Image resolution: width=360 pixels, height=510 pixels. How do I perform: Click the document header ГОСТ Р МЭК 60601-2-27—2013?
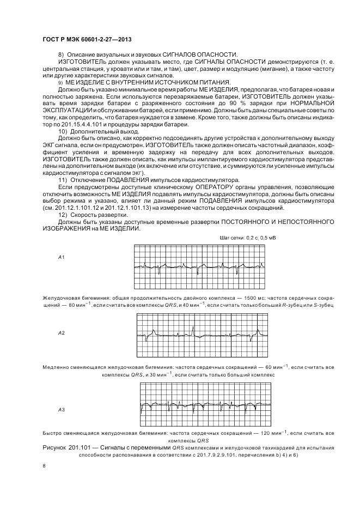(x=87, y=40)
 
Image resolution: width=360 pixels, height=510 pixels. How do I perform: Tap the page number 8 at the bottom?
(x=44, y=466)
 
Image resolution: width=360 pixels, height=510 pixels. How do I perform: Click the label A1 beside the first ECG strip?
(x=62, y=256)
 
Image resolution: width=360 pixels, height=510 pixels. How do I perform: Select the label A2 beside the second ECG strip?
(x=62, y=332)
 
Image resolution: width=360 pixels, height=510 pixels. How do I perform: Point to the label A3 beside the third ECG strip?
(x=62, y=409)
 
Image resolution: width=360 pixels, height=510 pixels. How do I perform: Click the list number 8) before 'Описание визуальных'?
(x=61, y=54)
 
